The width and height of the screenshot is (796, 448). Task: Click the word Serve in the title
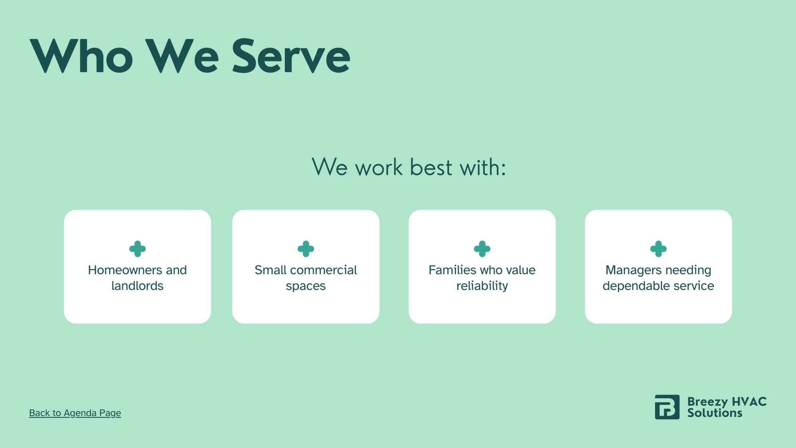[291, 56]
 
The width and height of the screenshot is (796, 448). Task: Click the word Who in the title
[81, 56]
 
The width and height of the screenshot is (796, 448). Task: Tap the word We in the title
[182, 56]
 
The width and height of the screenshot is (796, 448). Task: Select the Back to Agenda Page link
[75, 413]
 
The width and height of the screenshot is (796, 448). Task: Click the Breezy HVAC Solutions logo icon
[667, 407]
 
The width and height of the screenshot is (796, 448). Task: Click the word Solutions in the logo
[715, 413]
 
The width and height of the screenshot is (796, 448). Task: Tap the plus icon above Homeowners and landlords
[137, 249]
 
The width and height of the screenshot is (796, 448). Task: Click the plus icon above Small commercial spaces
[306, 249]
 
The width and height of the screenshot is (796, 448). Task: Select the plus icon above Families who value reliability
[482, 249]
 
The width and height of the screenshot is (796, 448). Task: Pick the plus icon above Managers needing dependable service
[658, 249]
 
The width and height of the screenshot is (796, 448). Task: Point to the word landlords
[137, 286]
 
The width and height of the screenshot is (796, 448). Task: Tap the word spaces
[306, 287]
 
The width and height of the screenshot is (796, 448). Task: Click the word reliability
[482, 286]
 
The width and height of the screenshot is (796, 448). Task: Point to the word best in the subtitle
[431, 167]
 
